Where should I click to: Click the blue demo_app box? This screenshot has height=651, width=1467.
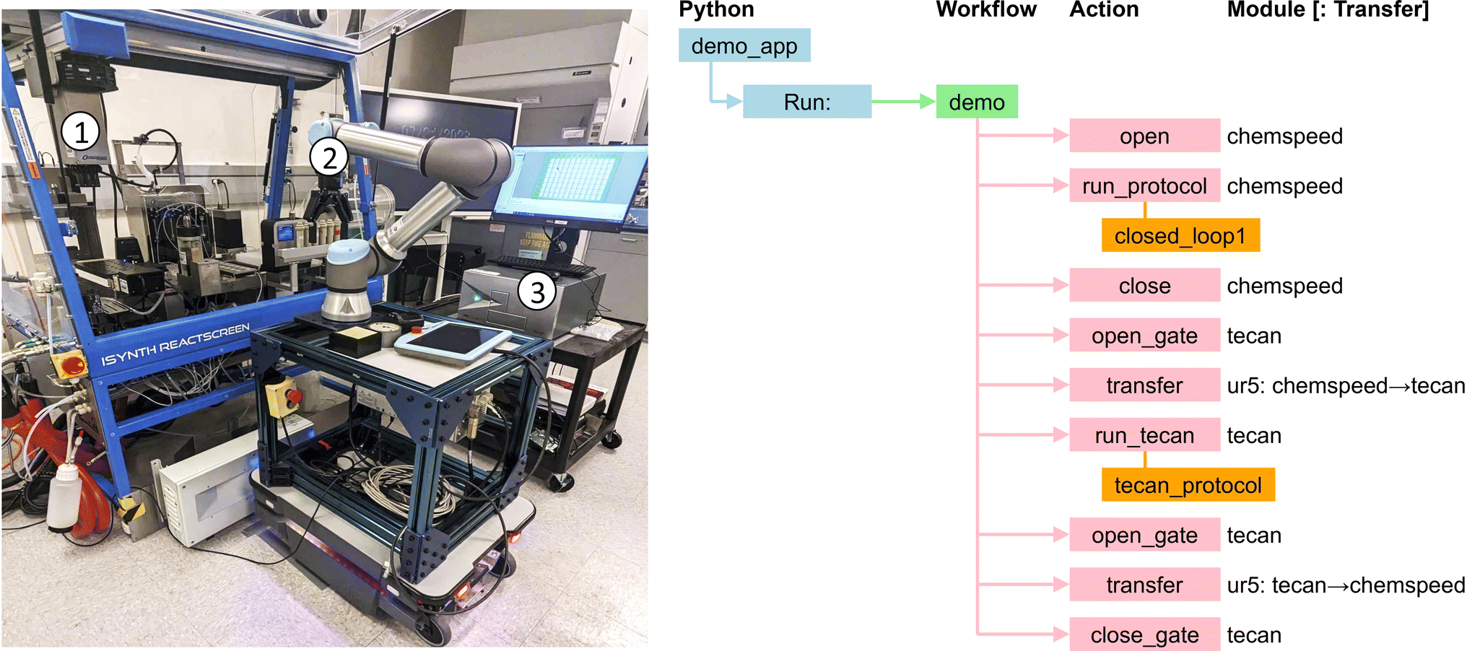pos(744,45)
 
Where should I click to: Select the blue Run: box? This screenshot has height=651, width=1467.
pos(807,102)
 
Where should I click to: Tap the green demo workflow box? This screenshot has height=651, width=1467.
pos(977,102)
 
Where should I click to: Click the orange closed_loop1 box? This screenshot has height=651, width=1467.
pos(1180,236)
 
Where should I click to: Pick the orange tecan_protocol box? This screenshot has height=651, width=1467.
pos(1188,485)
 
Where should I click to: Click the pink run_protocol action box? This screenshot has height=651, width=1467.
pos(1144,186)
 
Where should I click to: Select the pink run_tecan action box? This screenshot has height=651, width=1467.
pos(1144,435)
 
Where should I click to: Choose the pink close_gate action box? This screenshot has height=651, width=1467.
pos(1144,635)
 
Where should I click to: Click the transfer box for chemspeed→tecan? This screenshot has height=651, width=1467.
pos(1144,385)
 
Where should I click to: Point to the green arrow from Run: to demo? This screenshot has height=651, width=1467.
pos(903,102)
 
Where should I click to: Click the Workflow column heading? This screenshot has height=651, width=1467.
pos(986,9)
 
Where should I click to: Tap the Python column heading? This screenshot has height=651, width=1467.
pos(716,9)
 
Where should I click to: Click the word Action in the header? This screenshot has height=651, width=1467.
pos(1104,9)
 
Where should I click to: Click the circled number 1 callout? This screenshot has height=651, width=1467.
pos(80,131)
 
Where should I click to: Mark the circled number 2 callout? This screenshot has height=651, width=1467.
pos(329,157)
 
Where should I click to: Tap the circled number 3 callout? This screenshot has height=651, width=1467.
pos(537,292)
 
